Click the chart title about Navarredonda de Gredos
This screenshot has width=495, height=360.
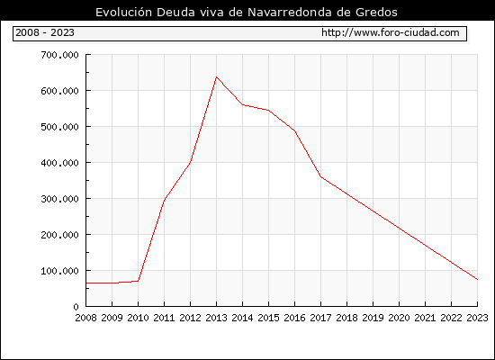click(247, 12)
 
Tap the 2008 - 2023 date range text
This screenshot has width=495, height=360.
click(45, 32)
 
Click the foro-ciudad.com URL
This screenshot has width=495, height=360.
click(391, 32)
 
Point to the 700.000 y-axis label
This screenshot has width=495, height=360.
click(59, 55)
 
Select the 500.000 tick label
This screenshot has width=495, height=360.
click(59, 127)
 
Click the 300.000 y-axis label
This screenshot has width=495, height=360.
click(59, 199)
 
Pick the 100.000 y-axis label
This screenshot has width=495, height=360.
click(59, 271)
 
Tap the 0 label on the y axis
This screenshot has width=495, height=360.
click(76, 307)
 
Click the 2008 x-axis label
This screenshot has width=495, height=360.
click(85, 318)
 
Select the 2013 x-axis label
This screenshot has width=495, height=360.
click(216, 318)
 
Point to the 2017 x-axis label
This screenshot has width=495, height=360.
click(320, 318)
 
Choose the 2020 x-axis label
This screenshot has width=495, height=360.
click(399, 318)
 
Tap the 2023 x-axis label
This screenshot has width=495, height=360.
click(477, 318)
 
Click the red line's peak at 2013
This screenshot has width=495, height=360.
click(216, 76)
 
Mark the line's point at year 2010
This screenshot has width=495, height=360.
click(138, 281)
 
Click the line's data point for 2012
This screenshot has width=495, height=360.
click(190, 162)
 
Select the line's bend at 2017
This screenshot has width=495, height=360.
click(320, 176)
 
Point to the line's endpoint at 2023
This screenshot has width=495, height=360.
click(477, 280)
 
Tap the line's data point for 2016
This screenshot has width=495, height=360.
click(294, 130)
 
